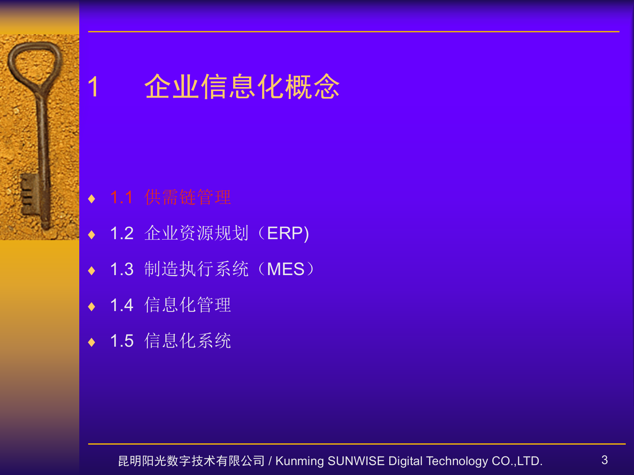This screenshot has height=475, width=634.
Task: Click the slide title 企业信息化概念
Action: coord(242,86)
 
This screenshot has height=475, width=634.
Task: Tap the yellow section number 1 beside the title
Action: coord(93,86)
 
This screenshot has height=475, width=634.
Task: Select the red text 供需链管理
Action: coord(188,197)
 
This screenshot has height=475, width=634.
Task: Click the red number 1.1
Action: coord(122,197)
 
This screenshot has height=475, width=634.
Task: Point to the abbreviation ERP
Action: coord(285,233)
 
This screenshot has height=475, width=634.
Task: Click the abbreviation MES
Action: coord(286,269)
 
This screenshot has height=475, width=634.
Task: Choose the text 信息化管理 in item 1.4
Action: coord(188,305)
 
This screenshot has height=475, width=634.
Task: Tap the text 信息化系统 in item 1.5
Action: coord(188,341)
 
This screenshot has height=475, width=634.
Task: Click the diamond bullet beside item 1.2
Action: coord(92,235)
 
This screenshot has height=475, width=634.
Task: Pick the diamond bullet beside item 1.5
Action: coord(92,342)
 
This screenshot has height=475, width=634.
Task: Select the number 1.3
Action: coord(122,269)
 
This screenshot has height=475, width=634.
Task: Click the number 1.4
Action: coord(122,305)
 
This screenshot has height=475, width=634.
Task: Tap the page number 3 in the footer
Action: coord(604,460)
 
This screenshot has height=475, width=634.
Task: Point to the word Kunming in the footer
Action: coord(299,461)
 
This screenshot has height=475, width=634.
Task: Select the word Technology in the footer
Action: coord(457,461)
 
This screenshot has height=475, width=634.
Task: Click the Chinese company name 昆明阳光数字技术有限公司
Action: coord(191,461)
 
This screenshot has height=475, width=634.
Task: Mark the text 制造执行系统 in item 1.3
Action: coord(196,269)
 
